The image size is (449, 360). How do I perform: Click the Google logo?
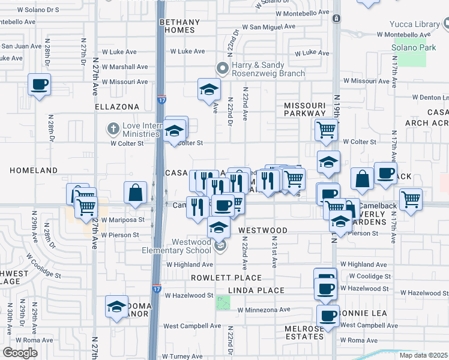[x=20, y=352]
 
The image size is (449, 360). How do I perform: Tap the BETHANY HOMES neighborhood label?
[x=177, y=26]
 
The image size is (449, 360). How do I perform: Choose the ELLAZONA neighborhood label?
[x=116, y=107]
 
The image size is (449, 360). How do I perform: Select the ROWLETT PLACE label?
[x=226, y=278]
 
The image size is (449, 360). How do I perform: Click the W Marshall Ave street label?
[x=125, y=67]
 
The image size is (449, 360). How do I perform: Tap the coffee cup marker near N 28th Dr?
[x=39, y=85]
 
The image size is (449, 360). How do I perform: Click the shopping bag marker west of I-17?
[x=136, y=193]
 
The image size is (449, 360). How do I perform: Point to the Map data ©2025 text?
[x=424, y=355]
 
